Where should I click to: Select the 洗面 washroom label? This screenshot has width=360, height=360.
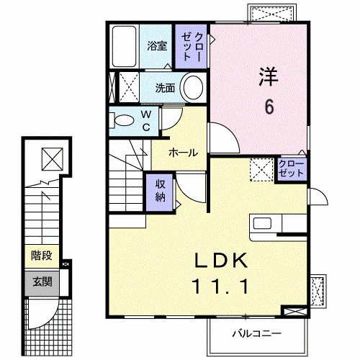pyautogui.click(x=166, y=89)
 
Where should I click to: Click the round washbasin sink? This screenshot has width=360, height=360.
pyautogui.click(x=192, y=89)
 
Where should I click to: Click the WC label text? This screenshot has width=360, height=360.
pyautogui.click(x=145, y=120)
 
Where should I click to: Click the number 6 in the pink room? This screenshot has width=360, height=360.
pyautogui.click(x=269, y=107)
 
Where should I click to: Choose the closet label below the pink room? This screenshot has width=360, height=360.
pyautogui.click(x=291, y=170)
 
